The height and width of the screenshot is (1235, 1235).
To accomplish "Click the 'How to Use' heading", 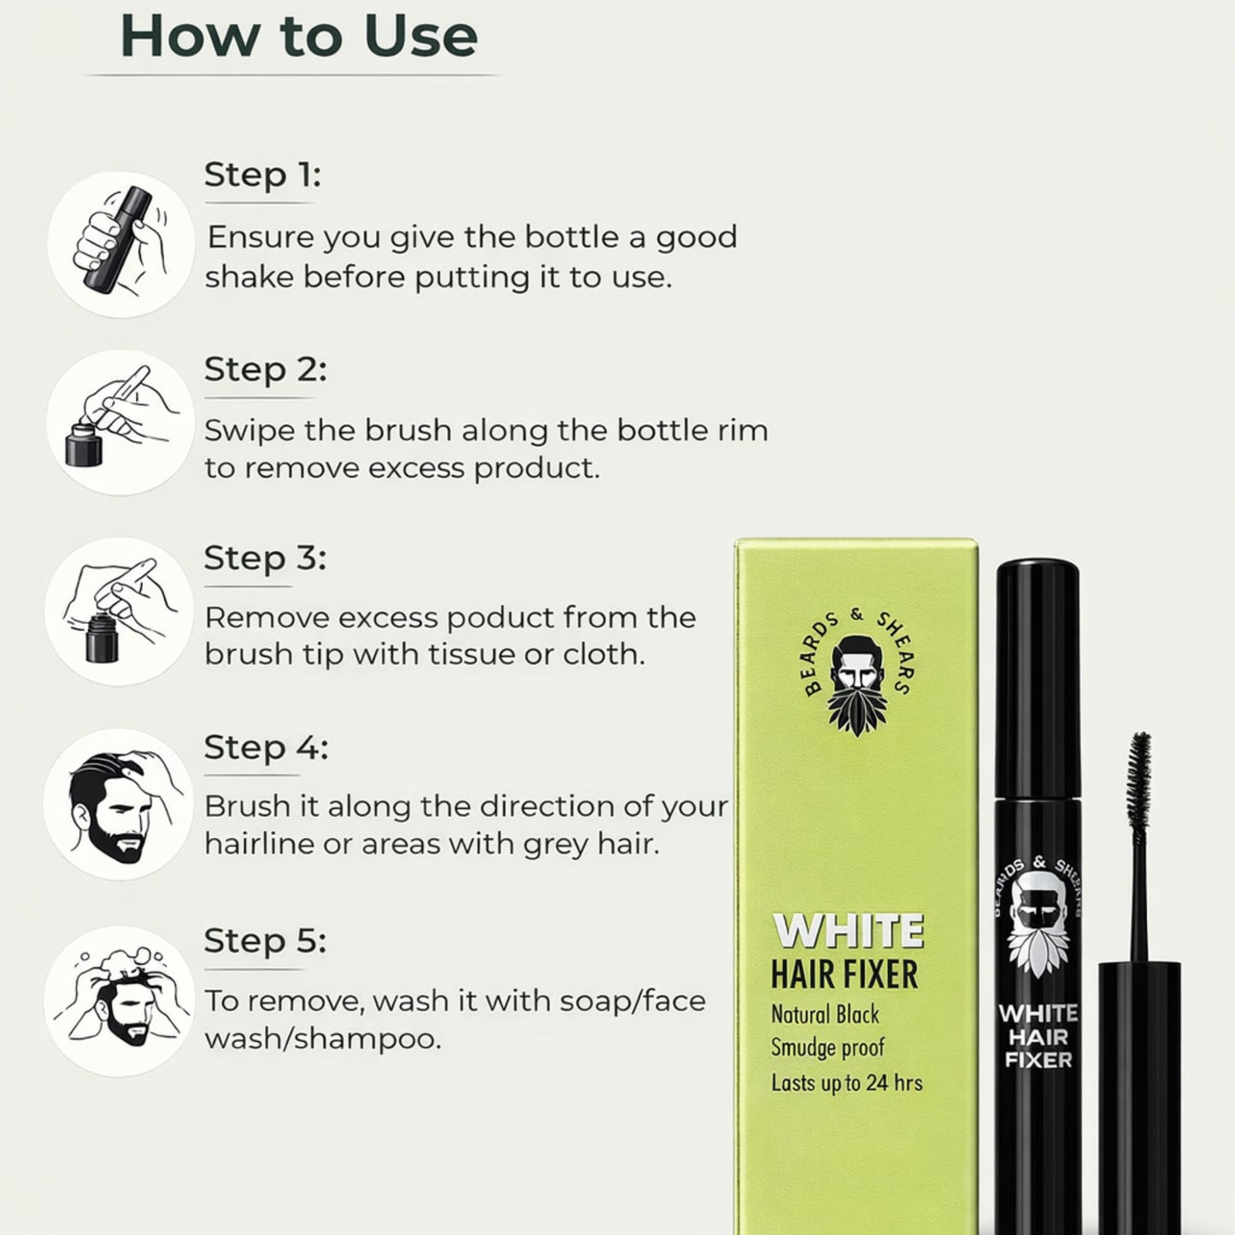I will pyautogui.click(x=298, y=36).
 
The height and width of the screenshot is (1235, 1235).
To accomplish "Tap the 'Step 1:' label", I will pyautogui.click(x=262, y=175).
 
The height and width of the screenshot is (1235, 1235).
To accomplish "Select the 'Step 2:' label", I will pyautogui.click(x=265, y=370).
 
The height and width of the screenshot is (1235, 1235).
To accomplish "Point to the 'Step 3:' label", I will pyautogui.click(x=265, y=558).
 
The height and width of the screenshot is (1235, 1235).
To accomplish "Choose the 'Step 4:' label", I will pyautogui.click(x=266, y=748).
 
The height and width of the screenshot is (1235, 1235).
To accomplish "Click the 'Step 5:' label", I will pyautogui.click(x=265, y=941).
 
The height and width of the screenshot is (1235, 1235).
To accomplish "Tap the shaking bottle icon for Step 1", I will pyautogui.click(x=121, y=243).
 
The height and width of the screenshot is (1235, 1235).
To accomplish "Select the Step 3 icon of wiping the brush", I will pyautogui.click(x=119, y=610).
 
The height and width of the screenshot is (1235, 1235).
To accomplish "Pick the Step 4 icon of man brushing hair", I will pyautogui.click(x=119, y=804).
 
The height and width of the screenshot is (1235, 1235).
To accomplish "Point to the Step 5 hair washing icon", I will pyautogui.click(x=119, y=999).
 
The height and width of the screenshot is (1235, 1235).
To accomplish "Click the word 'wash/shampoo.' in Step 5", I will pyautogui.click(x=323, y=1039).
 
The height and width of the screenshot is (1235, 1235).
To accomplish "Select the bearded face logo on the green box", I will pyautogui.click(x=856, y=684).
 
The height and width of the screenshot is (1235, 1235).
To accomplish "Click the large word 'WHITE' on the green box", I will pyautogui.click(x=848, y=932).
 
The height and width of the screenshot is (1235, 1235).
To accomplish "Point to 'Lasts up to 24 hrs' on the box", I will pyautogui.click(x=846, y=1083).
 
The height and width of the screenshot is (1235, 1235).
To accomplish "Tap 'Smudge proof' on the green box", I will pyautogui.click(x=827, y=1048).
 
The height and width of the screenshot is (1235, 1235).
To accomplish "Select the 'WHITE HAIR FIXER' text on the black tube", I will pyautogui.click(x=1038, y=1037).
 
